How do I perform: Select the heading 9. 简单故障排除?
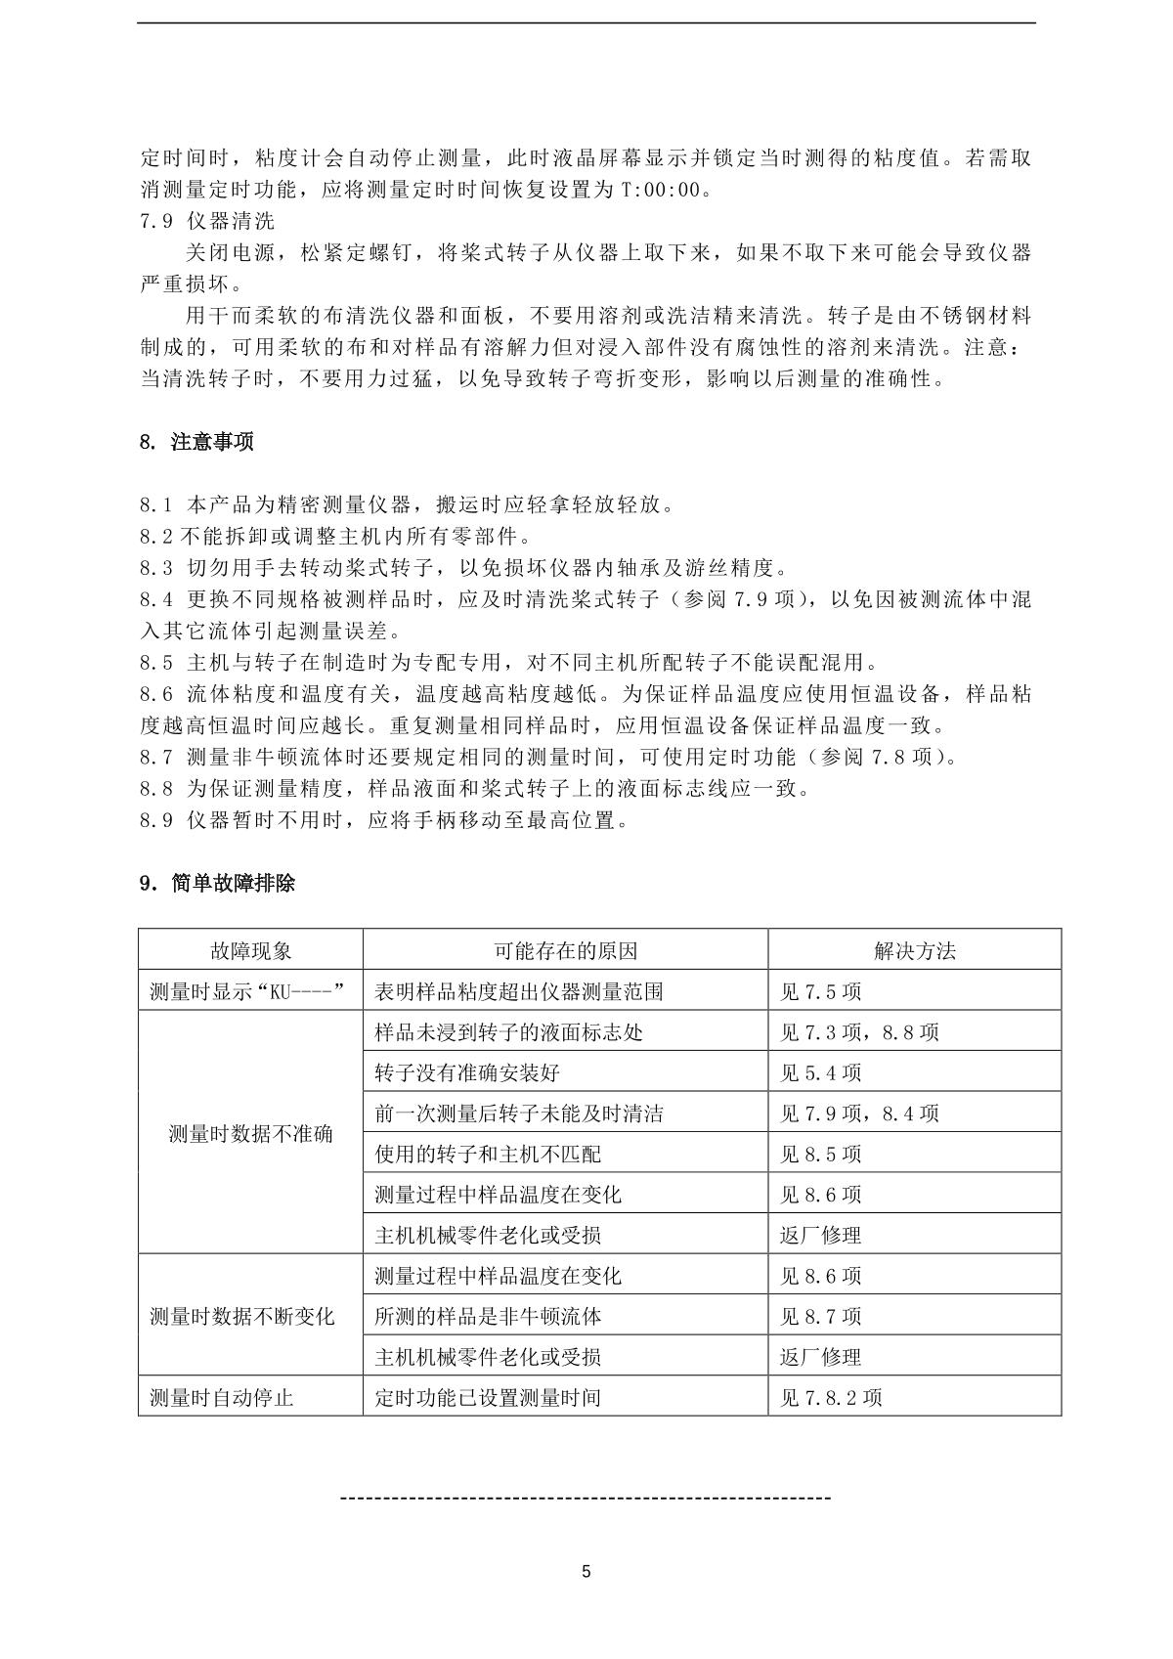click(x=217, y=884)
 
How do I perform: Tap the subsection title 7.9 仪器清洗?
click(x=207, y=221)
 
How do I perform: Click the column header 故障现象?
click(x=250, y=950)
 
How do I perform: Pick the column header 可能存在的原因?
click(x=565, y=950)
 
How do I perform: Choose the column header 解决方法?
click(x=914, y=950)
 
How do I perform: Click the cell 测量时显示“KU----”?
click(x=249, y=991)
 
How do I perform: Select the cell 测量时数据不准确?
click(x=250, y=1134)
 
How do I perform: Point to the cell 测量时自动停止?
click(x=221, y=1398)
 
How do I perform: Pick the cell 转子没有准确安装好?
click(x=467, y=1073)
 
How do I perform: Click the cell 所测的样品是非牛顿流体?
click(x=488, y=1317)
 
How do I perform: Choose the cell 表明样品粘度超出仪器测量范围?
click(x=519, y=991)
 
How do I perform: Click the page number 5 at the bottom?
click(x=586, y=1573)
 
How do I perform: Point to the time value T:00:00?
click(x=661, y=190)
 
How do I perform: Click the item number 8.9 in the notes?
click(x=156, y=820)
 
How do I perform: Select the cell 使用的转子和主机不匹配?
click(x=488, y=1155)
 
